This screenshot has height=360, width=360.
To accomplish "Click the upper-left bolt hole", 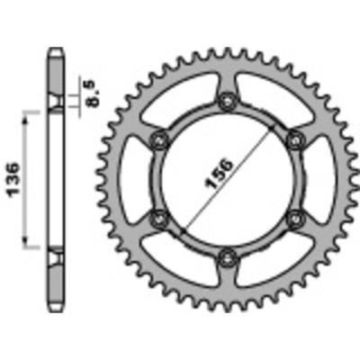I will (162, 139).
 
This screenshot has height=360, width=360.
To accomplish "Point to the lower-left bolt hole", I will (162, 216).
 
